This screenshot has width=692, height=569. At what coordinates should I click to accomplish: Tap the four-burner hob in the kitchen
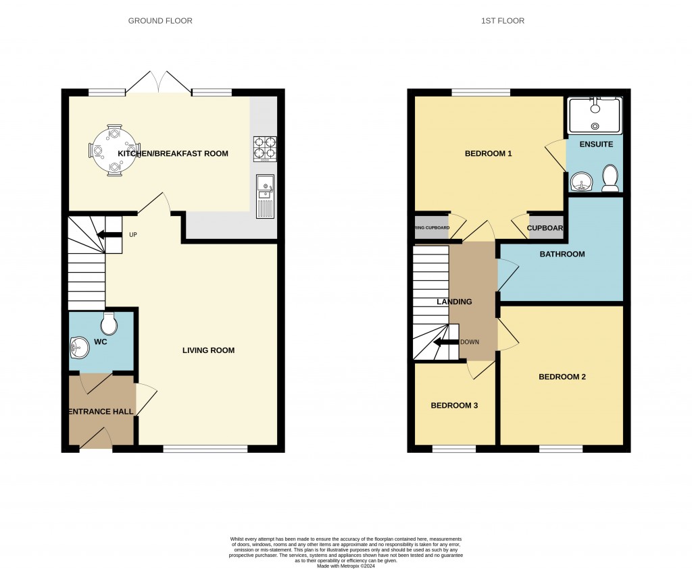265,149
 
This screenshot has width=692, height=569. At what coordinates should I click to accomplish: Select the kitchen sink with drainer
265,195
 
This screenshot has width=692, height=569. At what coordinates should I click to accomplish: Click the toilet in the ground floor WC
108,325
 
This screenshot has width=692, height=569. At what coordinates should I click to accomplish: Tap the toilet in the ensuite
610,178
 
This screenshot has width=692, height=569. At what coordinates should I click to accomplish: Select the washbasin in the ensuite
578,181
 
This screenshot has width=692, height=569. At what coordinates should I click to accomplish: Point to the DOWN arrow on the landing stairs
445,342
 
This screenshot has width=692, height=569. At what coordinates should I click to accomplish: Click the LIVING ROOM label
208,350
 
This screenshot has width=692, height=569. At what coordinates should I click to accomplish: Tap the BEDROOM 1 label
488,154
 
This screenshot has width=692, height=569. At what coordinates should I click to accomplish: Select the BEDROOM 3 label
454,406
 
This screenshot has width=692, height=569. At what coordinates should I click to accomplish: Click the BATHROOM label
562,254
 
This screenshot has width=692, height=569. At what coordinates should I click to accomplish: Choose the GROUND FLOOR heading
160,21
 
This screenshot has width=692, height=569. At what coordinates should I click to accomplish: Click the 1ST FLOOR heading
502,21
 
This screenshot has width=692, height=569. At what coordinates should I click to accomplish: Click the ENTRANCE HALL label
101,411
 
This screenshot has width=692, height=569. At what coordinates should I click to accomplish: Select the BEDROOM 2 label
562,377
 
